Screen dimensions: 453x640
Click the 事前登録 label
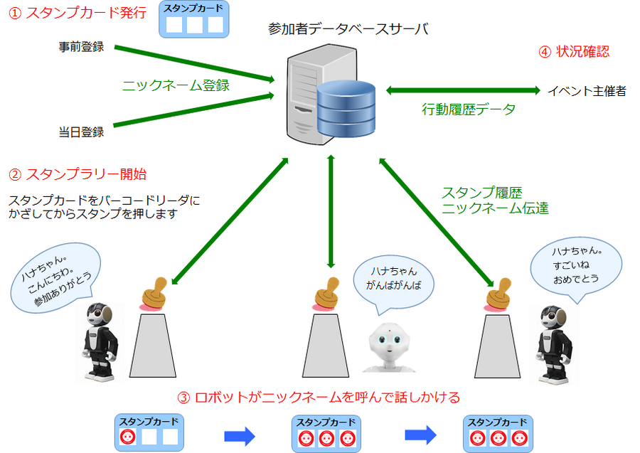(81, 48)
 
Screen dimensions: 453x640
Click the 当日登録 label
(81, 132)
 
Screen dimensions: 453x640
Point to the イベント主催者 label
(587, 91)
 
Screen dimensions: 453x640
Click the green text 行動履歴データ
(469, 110)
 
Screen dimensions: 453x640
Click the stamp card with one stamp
(149, 432)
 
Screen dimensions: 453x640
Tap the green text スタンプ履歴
(481, 193)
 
